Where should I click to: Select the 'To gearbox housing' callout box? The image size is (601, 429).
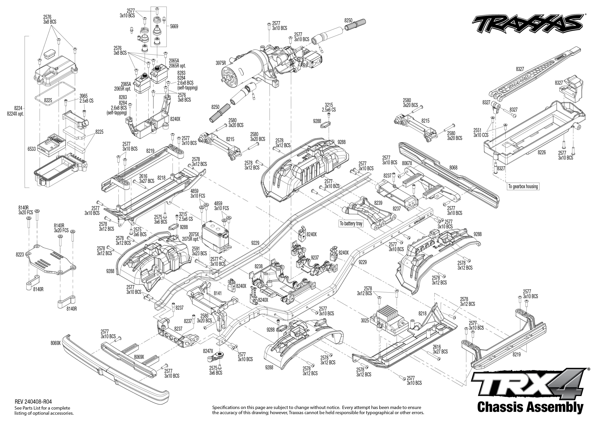click(x=523, y=186)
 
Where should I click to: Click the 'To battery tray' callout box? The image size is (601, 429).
click(x=351, y=223)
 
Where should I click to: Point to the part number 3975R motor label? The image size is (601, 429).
click(x=221, y=63)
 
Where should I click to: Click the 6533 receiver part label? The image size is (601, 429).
click(x=31, y=149)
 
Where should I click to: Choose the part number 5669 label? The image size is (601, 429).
click(x=174, y=27)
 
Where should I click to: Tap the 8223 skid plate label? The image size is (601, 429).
click(x=20, y=255)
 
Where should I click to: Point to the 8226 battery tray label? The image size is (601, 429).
click(x=541, y=152)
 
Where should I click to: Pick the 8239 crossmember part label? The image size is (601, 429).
click(x=378, y=203)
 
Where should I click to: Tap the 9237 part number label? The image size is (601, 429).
click(x=315, y=257)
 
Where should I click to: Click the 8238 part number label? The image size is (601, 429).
click(x=259, y=267)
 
